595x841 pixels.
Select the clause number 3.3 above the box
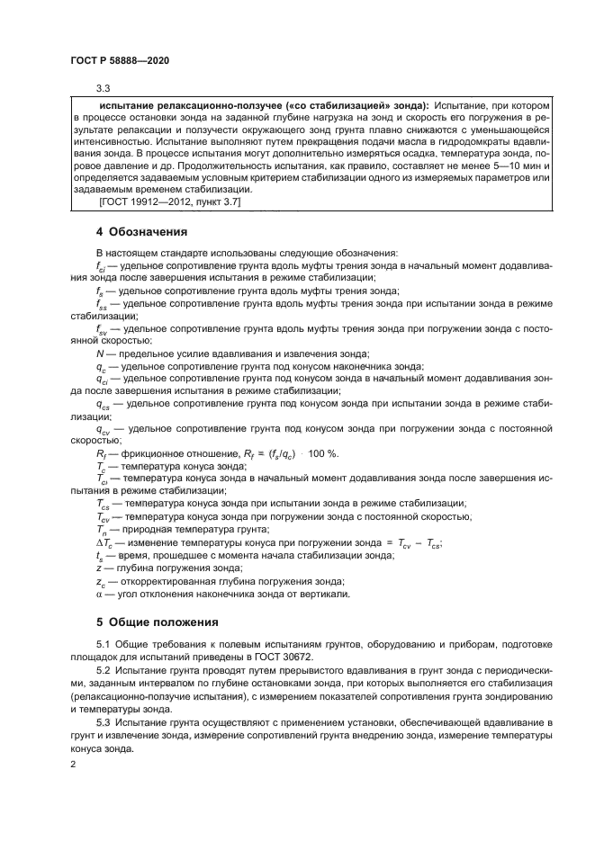[103, 88]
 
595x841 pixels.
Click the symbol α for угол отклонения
[99, 594]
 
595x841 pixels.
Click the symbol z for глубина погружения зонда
[98, 568]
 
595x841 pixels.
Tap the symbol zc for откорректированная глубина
[100, 581]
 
